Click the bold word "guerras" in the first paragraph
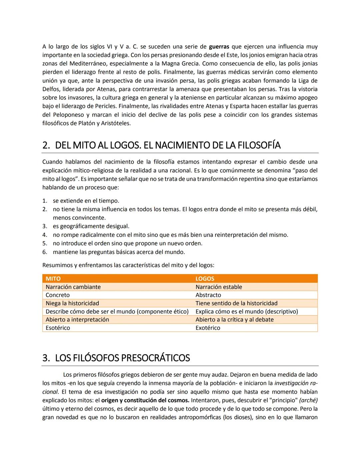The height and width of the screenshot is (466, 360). pos(219,47)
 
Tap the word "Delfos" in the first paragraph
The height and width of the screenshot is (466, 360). pos(51,89)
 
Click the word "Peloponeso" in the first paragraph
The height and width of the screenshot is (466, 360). pos(68,115)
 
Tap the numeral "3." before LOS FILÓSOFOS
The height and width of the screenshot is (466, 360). pos(46,358)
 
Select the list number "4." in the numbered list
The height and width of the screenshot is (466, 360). pos(45,235)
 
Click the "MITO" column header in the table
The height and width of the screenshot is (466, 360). pos(53,279)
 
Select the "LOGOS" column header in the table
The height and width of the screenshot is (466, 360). pos(205,279)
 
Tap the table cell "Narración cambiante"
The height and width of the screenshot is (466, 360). pos(73,287)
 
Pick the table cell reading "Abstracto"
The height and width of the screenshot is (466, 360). pos(208,295)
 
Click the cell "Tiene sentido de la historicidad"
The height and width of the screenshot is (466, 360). pos(236,303)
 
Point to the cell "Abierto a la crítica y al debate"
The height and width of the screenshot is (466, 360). pos(234,320)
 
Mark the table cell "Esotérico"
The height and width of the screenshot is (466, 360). pos(58,328)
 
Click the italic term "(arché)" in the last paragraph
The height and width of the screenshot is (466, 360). pos(308,400)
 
